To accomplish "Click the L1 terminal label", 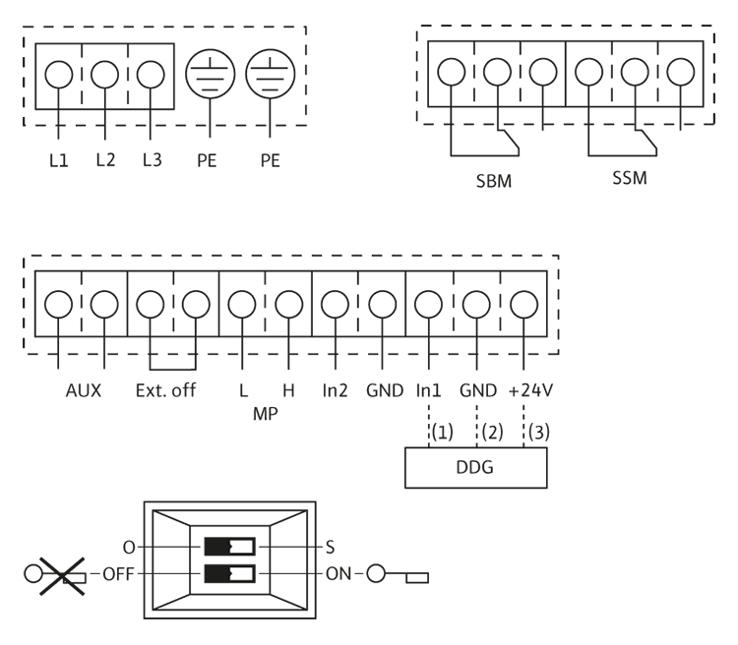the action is (59, 161).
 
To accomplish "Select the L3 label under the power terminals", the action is (152, 160).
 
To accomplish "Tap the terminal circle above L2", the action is (104, 75).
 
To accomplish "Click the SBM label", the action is (494, 181).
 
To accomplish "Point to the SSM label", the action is (630, 178).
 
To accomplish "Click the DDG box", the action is (476, 468).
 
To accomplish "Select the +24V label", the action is (531, 390).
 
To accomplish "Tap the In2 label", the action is (336, 390).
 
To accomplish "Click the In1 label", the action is (428, 390).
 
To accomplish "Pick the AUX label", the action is (84, 390).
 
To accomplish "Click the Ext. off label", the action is (165, 390).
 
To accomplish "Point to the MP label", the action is (266, 414).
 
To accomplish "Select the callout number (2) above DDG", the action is (492, 432).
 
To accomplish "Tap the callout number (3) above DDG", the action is (539, 432).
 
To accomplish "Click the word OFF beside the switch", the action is (118, 574).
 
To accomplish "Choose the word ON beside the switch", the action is (338, 574).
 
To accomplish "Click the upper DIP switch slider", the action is (229, 547).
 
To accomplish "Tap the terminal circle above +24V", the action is (523, 305).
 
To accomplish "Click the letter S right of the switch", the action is (330, 547).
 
